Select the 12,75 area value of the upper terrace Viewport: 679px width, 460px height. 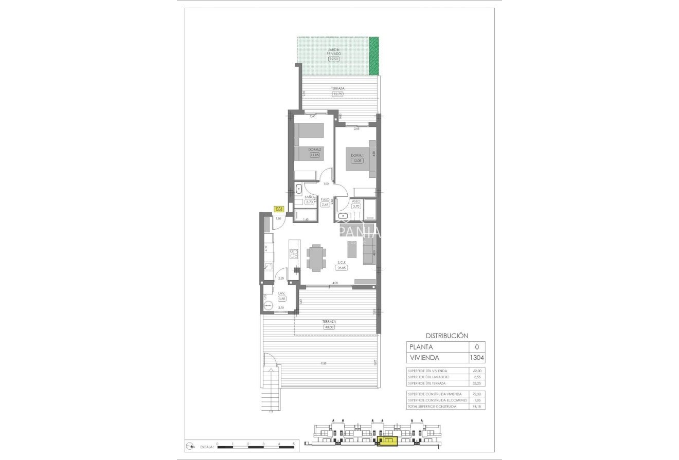point(338,94)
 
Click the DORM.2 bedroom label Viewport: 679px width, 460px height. point(314,150)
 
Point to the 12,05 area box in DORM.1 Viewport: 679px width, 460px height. point(356,161)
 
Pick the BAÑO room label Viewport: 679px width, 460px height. point(309,197)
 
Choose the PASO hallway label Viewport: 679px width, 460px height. point(325,199)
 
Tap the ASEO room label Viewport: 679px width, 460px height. point(356,201)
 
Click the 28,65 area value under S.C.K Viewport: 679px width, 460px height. point(342,267)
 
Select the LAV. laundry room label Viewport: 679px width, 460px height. point(281,293)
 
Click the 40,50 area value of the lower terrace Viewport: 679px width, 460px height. point(329,327)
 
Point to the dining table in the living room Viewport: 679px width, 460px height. point(316,258)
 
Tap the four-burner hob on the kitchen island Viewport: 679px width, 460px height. point(294,253)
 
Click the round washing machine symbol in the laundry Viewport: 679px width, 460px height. point(268,305)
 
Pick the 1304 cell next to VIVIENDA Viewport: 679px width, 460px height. point(476,357)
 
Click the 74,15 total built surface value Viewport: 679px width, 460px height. point(476,407)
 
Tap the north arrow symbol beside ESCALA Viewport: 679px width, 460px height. point(190,447)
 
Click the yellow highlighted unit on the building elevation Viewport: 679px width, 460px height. point(387,440)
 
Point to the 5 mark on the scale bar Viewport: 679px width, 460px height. point(294,443)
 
